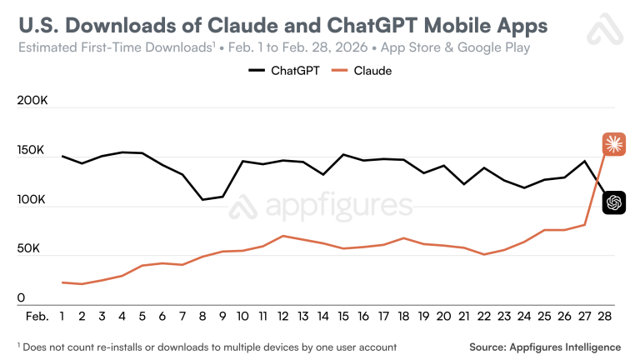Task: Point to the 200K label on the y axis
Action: coord(32,102)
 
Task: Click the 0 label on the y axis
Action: coord(22,298)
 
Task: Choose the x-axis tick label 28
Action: coord(602,317)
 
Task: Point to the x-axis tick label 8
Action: coord(202,317)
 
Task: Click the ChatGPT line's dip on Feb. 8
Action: coord(202,199)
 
